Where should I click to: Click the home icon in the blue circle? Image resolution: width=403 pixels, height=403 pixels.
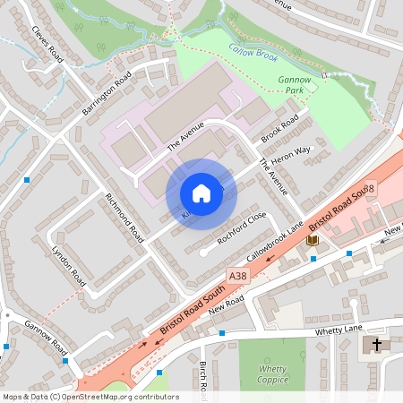tap(201, 193)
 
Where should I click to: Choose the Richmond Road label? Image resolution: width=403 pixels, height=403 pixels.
tap(124, 218)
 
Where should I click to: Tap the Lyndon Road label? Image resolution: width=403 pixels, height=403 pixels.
tap(67, 263)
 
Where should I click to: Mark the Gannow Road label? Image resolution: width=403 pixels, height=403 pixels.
tap(46, 335)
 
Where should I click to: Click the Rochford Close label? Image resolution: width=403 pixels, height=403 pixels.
tap(241, 229)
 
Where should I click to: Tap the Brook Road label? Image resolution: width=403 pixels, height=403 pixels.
tap(279, 131)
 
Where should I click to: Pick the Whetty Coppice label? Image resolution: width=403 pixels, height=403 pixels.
tap(272, 373)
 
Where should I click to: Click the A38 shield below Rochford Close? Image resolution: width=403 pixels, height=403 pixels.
tap(236, 278)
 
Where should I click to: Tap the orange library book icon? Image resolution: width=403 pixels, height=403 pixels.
tap(312, 240)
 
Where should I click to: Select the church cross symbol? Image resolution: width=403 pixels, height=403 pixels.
tap(377, 344)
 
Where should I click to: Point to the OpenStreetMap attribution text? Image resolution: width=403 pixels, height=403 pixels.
tap(90, 397)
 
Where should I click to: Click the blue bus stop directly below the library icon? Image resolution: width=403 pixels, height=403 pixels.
tap(313, 259)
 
